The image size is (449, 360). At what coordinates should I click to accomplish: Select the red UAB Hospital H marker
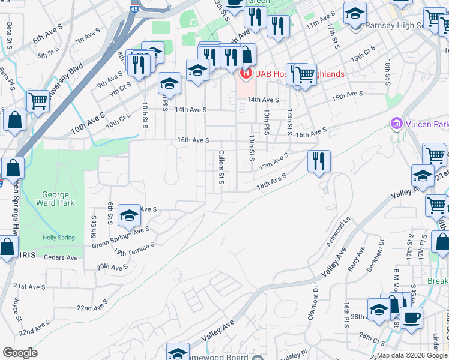pyautogui.click(x=245, y=74)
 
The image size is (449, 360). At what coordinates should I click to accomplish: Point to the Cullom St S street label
pyautogui.click(x=221, y=167)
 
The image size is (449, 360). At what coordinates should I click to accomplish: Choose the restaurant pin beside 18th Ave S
pyautogui.click(x=318, y=161)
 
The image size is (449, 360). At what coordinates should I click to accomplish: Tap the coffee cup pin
pyautogui.click(x=411, y=317)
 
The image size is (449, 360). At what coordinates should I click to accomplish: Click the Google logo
pyautogui.click(x=20, y=353)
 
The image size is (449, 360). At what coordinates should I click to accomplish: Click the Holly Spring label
pyautogui.click(x=59, y=238)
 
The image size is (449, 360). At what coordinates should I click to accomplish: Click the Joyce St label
pyautogui.click(x=17, y=310)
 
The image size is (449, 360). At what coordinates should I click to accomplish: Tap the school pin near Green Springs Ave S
pyautogui.click(x=129, y=215)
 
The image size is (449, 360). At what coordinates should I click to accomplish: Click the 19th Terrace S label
pyautogui.click(x=134, y=247)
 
